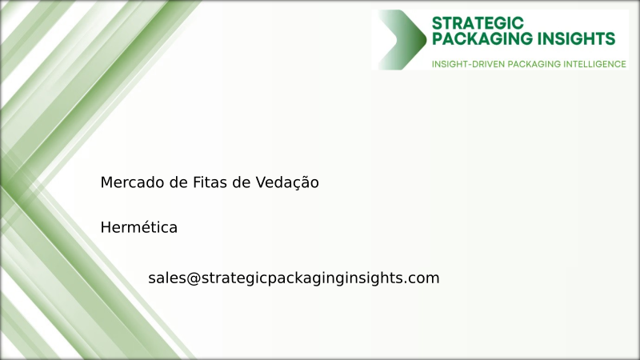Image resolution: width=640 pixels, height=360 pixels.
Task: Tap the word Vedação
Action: pyautogui.click(x=286, y=183)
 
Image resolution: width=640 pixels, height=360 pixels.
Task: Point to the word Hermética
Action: pyautogui.click(x=139, y=228)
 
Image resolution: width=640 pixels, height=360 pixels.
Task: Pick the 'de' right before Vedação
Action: pyautogui.click(x=241, y=183)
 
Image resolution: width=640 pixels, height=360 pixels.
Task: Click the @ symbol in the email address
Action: pyautogui.click(x=193, y=278)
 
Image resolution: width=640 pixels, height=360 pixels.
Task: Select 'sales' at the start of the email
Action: pyautogui.click(x=166, y=278)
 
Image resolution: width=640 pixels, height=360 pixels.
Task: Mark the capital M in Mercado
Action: pyautogui.click(x=106, y=183)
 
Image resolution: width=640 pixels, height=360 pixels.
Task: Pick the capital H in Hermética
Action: pyautogui.click(x=106, y=228)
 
